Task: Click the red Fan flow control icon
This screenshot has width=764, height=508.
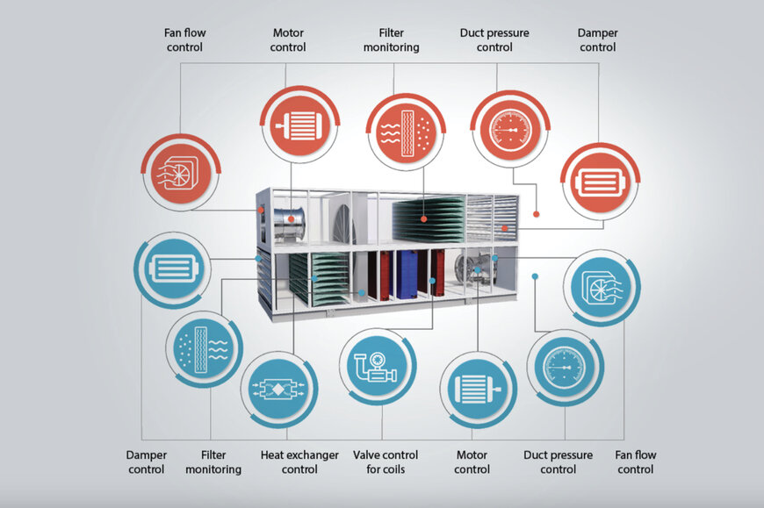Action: tap(180, 172)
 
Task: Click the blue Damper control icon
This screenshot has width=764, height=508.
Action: tap(172, 268)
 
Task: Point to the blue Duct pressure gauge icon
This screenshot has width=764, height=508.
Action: tap(566, 365)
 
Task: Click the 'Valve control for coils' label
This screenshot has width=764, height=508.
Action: tap(386, 462)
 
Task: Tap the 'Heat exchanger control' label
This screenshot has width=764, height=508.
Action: tap(299, 462)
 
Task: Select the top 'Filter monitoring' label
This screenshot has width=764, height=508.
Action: tap(392, 40)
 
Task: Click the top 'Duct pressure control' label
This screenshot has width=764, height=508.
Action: tap(494, 40)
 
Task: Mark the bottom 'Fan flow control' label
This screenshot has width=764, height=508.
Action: tap(635, 462)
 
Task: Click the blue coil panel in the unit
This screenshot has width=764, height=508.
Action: tap(407, 275)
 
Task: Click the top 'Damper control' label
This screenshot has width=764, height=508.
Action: tap(597, 40)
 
